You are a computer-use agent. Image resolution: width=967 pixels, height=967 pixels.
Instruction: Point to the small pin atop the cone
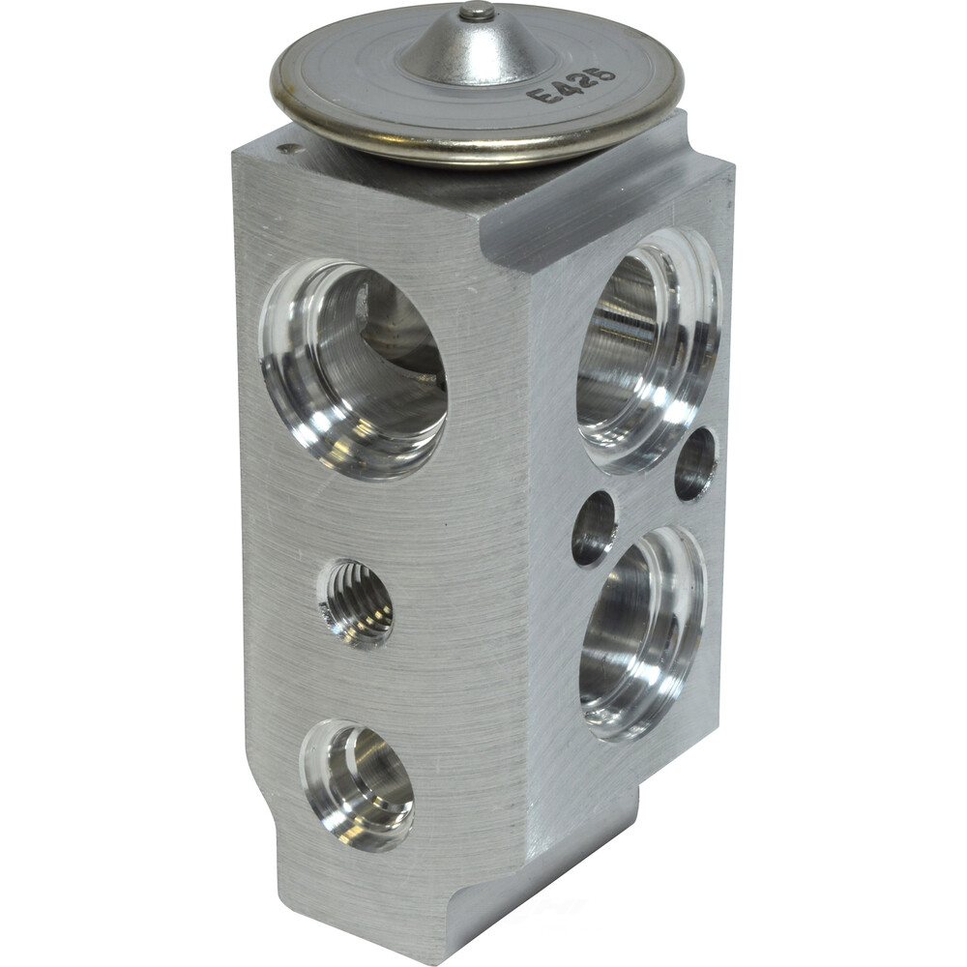click(x=476, y=12)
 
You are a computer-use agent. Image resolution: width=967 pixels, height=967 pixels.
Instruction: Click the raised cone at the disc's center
click(x=474, y=48)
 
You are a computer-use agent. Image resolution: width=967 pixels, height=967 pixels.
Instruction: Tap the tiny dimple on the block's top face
click(x=286, y=148)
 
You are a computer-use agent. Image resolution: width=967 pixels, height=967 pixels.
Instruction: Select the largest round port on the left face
click(x=354, y=367)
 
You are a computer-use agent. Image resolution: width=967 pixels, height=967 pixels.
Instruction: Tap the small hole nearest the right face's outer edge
click(x=695, y=463)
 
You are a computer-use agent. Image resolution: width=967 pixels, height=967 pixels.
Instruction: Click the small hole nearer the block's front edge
click(x=594, y=528)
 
